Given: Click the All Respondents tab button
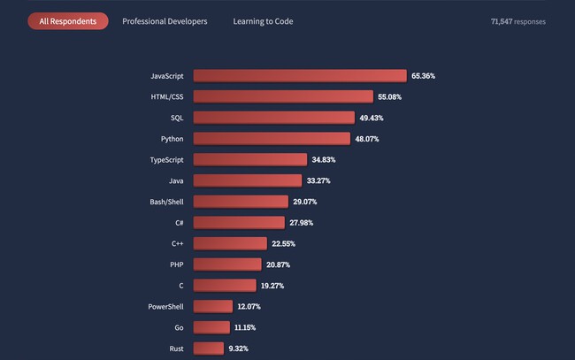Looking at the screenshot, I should (x=68, y=21).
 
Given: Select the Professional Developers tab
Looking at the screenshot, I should (x=165, y=21).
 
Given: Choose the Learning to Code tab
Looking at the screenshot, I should (x=263, y=21).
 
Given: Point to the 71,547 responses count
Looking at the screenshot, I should (x=518, y=21).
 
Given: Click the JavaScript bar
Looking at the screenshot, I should (x=299, y=76).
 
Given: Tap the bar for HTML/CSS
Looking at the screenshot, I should (x=283, y=96).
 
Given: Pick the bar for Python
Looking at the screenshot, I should (x=272, y=138).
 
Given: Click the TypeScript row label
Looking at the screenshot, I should (x=166, y=159).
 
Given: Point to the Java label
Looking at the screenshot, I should (x=175, y=180).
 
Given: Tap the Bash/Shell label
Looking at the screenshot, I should (x=167, y=202).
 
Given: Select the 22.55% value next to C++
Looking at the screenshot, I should (x=285, y=243).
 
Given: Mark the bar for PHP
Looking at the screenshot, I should (x=227, y=264).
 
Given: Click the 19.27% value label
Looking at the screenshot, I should (x=275, y=286).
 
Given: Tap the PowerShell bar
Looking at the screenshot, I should (x=213, y=306).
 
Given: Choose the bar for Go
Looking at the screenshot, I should (x=211, y=327).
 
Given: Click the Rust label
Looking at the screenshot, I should (x=176, y=349).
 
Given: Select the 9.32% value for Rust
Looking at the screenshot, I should (x=238, y=349).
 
